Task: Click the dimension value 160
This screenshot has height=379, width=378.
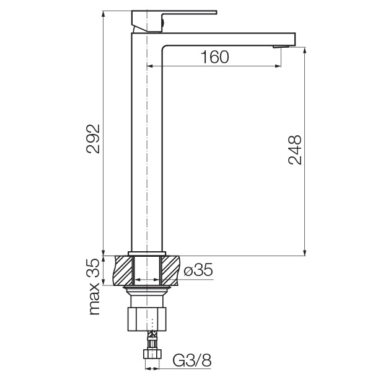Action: [x=215, y=57]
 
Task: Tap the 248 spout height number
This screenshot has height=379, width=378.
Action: [x=296, y=149]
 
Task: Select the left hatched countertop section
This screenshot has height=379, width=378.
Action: [x=124, y=270]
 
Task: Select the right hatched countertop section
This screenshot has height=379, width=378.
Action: [x=170, y=270]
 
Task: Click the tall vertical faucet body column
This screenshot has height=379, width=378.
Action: [x=147, y=155]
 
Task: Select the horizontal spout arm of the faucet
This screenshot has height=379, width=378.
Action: [x=229, y=38]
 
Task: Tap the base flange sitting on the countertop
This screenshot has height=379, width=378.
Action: [x=147, y=252]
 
